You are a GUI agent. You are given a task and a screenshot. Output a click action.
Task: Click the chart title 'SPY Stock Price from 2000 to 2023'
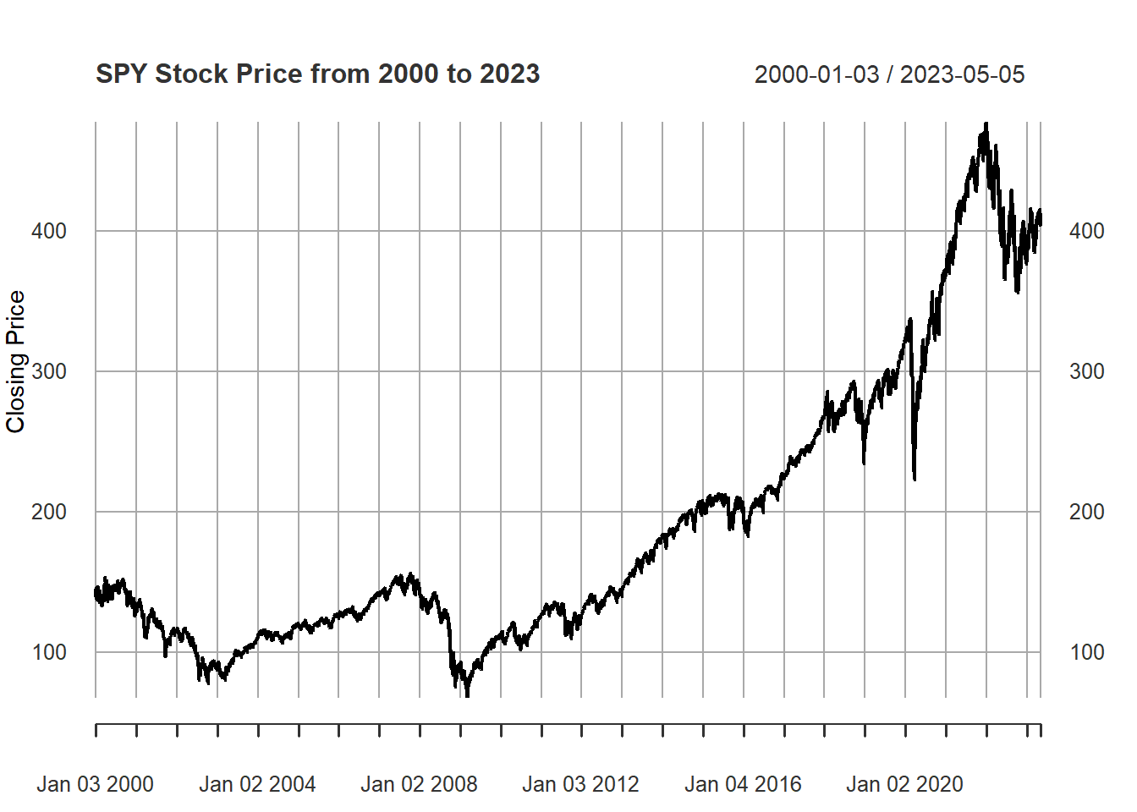tap(317, 74)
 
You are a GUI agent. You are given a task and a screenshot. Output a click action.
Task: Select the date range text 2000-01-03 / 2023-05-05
tap(889, 75)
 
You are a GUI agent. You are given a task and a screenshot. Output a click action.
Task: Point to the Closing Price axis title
tap(16, 361)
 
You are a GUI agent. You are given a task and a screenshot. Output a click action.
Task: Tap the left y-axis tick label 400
tap(49, 231)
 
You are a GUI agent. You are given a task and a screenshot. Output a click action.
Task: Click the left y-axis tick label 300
tap(49, 371)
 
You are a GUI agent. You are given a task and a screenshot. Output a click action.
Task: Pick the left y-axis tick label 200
tap(49, 512)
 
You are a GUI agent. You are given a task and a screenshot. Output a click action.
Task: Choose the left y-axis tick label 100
tap(49, 652)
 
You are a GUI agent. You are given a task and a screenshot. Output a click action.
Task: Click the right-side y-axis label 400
tap(1086, 231)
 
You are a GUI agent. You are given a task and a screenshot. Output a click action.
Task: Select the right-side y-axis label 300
tap(1086, 371)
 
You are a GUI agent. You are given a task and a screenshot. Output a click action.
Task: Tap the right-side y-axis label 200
tap(1086, 512)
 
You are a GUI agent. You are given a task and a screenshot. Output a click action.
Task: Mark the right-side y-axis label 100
tap(1086, 652)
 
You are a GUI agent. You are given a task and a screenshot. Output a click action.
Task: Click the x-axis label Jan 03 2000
tap(95, 785)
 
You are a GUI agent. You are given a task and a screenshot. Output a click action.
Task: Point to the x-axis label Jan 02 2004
tap(257, 785)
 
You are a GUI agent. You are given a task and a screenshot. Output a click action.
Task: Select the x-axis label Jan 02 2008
tap(419, 785)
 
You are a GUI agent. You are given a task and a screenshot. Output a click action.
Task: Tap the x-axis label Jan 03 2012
tap(580, 785)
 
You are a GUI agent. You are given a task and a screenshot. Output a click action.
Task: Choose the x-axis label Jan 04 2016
tap(743, 785)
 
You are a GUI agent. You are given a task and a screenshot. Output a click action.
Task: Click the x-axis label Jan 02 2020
tap(904, 785)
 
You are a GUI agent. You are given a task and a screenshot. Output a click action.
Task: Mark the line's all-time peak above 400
tap(986, 124)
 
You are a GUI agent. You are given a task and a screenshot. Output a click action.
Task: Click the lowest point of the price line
tap(467, 695)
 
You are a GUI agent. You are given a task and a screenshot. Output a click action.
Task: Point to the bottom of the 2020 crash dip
tap(915, 479)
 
